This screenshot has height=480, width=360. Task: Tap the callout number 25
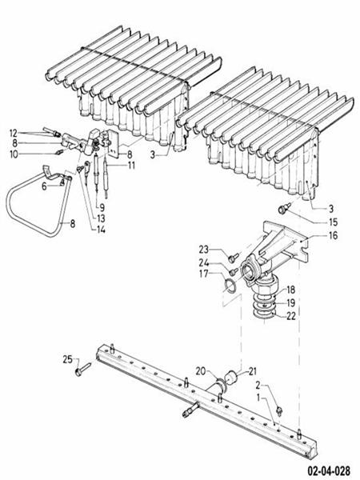click(x=68, y=358)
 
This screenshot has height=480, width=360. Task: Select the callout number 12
click(x=14, y=132)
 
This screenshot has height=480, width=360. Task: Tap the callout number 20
click(x=202, y=370)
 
